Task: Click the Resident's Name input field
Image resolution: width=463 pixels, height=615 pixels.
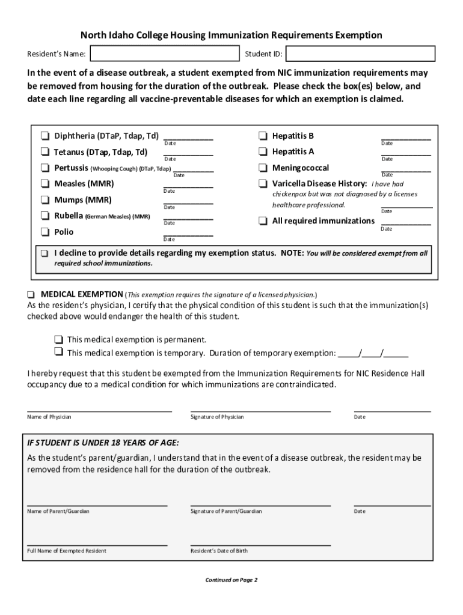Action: [x=163, y=54]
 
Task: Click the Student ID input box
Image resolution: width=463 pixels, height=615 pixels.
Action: [x=360, y=54]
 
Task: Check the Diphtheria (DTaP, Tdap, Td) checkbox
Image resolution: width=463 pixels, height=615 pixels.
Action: [x=45, y=136]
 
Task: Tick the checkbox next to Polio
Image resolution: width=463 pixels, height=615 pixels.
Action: [x=45, y=232]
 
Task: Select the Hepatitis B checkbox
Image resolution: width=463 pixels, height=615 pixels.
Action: [x=263, y=136]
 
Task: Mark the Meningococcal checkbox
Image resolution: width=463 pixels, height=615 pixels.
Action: [x=263, y=168]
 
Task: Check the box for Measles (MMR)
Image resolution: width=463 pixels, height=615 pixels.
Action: [x=45, y=184]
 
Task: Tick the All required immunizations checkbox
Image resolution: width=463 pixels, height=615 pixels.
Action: [x=263, y=221]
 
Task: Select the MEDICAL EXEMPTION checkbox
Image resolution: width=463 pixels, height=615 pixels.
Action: [x=31, y=295]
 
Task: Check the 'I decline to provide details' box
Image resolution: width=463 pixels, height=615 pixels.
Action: [x=45, y=253]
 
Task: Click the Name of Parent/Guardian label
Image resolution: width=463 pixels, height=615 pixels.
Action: [x=58, y=511]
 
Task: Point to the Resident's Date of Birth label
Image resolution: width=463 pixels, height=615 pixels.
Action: [x=219, y=551]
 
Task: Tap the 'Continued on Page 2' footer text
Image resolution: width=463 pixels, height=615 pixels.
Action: [x=231, y=580]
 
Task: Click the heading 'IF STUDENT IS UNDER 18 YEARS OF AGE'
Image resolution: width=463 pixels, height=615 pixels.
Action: [x=103, y=443]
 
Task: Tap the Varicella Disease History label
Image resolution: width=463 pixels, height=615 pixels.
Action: [x=319, y=184]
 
